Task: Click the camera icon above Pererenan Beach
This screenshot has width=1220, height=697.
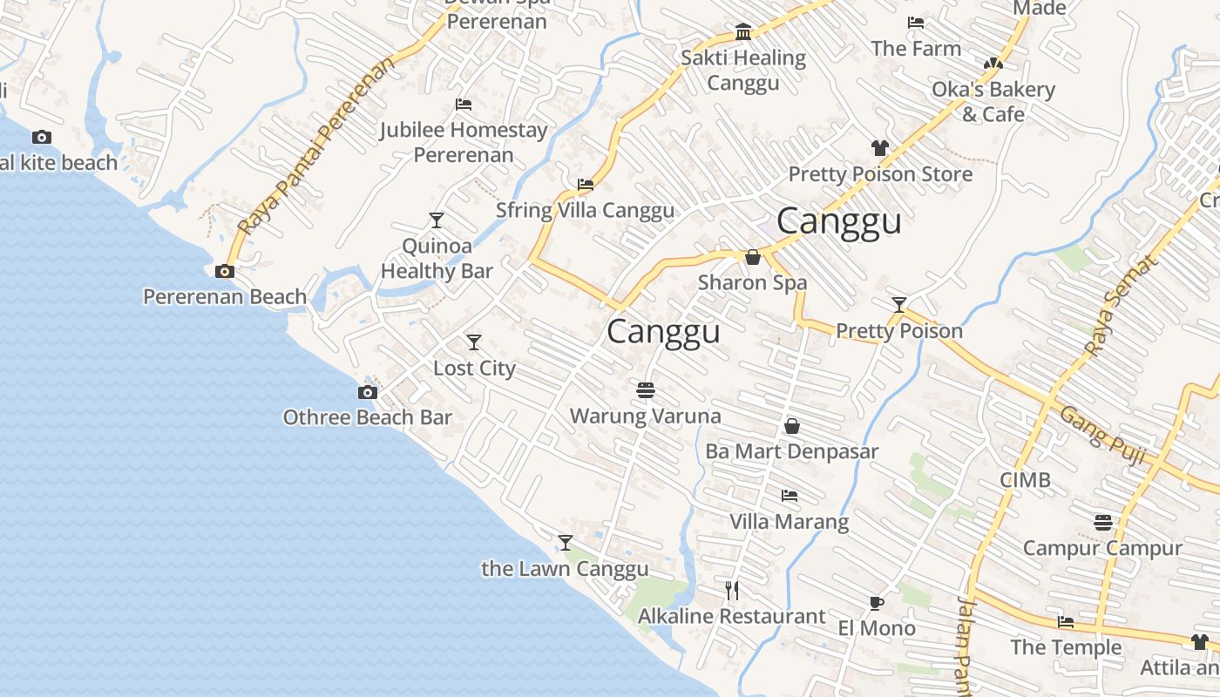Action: click(x=225, y=271)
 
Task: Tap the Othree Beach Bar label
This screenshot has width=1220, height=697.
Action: click(x=367, y=417)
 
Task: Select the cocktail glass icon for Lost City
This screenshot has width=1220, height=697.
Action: click(x=474, y=342)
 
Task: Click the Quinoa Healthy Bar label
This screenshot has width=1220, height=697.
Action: click(x=437, y=259)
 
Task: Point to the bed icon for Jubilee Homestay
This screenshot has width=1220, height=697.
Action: click(x=464, y=105)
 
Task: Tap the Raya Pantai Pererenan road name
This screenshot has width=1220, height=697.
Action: click(x=315, y=148)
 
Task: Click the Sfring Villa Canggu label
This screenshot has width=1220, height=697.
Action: click(x=585, y=210)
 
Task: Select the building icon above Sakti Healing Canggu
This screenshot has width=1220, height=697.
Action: click(x=743, y=32)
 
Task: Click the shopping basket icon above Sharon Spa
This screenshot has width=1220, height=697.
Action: click(x=753, y=257)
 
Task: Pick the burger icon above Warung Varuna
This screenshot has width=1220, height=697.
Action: click(x=646, y=389)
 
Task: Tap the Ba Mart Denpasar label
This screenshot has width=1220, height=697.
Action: click(x=791, y=451)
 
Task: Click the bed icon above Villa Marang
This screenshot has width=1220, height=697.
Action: click(x=790, y=496)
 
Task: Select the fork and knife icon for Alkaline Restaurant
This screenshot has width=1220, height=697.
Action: click(x=732, y=591)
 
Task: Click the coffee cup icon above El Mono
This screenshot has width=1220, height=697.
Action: click(x=877, y=603)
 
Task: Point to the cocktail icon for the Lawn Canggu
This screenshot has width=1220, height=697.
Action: click(x=566, y=543)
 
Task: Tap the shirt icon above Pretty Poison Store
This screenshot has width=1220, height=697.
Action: click(x=880, y=148)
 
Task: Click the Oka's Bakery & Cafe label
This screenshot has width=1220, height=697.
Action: click(x=993, y=102)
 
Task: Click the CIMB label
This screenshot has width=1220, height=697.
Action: click(x=1025, y=479)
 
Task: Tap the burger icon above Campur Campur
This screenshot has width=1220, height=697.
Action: click(x=1103, y=522)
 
